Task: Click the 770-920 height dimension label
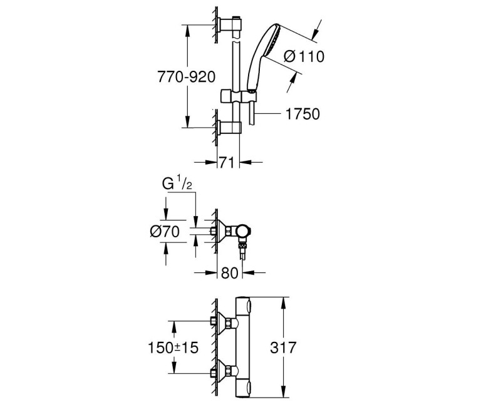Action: point(186,76)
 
